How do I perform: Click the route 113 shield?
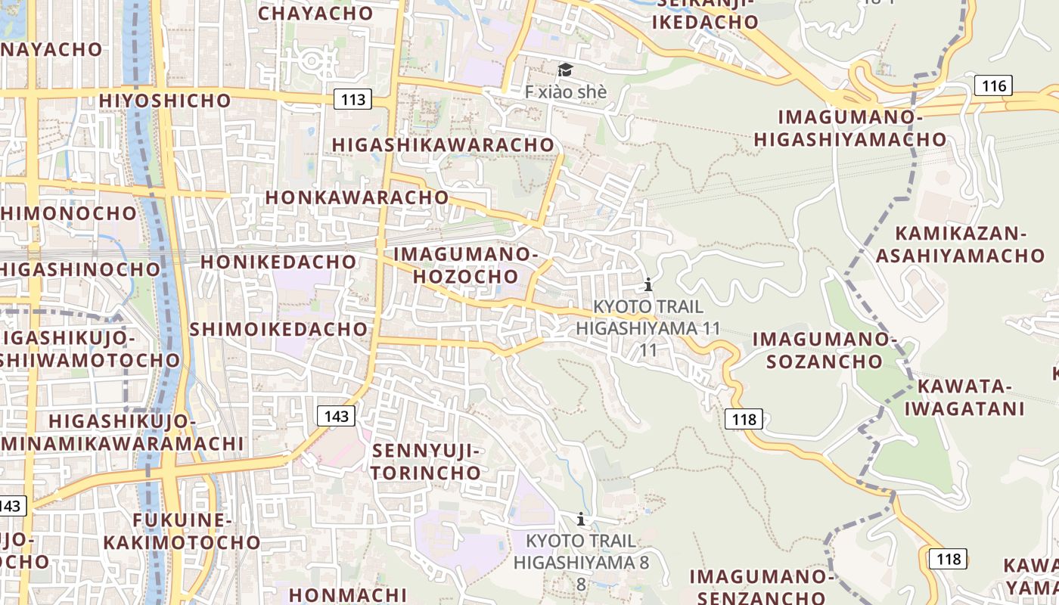tap(352, 98)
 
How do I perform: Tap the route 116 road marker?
tap(993, 85)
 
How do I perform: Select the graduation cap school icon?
tap(565, 70)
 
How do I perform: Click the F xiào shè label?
tap(566, 92)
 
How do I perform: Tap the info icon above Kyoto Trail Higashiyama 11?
tap(648, 285)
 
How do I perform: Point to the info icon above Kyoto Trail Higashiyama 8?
tap(581, 519)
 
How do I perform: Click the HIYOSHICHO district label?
tap(158, 100)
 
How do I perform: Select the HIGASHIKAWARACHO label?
tap(443, 144)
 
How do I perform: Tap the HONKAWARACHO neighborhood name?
tap(357, 197)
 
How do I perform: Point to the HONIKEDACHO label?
tap(278, 262)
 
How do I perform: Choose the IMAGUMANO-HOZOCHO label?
tap(466, 265)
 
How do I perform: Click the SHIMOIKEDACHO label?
tap(278, 329)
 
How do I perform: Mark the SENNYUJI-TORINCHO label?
tap(427, 462)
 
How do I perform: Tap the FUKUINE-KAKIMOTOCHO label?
tap(182, 531)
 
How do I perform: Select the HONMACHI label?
tap(348, 594)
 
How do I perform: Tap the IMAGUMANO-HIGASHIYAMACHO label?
tap(850, 128)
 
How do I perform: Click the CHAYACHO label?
tap(315, 13)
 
